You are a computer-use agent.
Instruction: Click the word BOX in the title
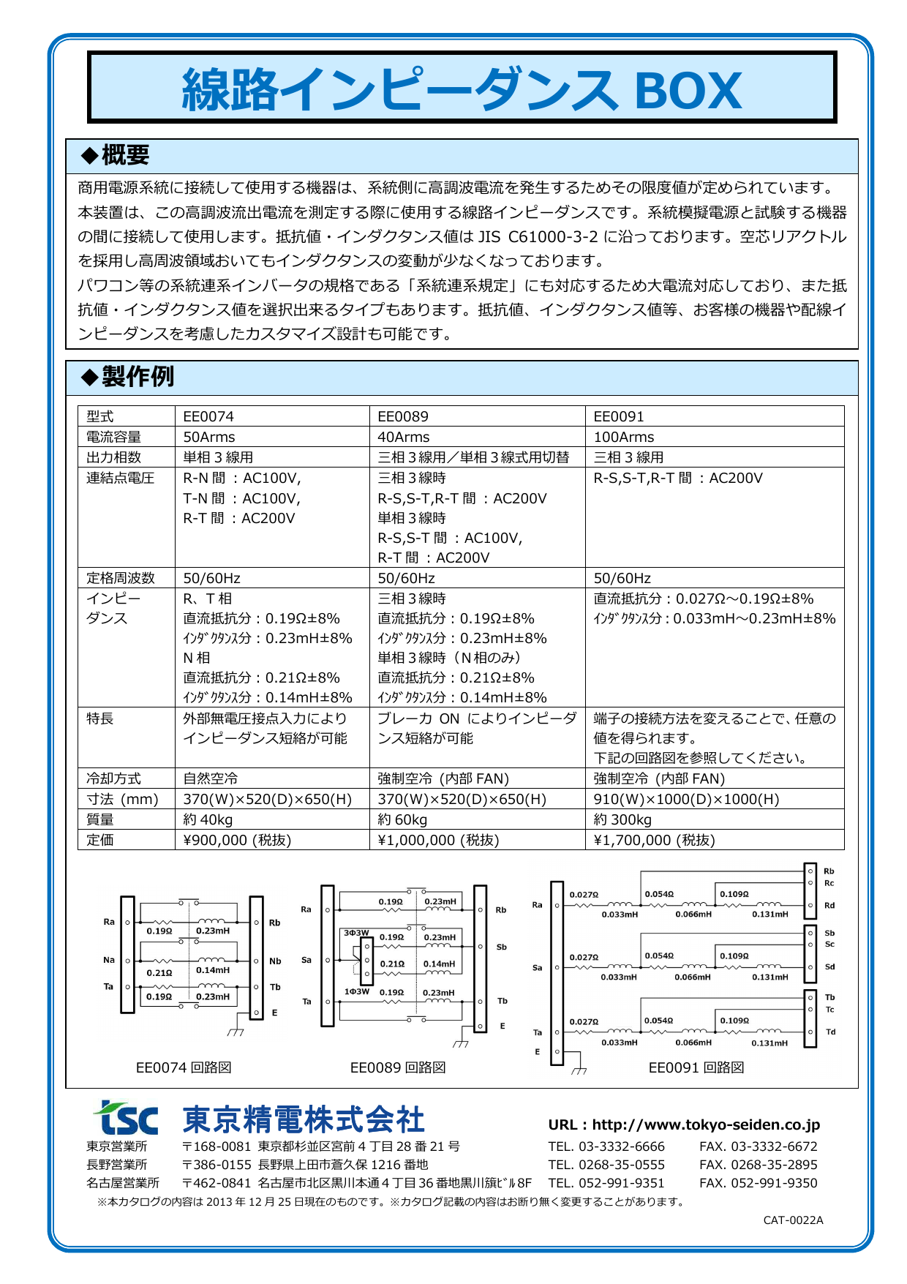tap(688, 91)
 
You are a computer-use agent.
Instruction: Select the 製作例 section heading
tap(137, 378)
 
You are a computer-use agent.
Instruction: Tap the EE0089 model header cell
tap(403, 416)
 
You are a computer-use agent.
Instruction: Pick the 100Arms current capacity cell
tap(624, 437)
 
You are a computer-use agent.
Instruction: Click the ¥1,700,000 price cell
tap(654, 840)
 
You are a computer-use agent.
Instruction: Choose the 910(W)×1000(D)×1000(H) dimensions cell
tap(686, 799)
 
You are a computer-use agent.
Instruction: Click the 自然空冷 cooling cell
tap(211, 778)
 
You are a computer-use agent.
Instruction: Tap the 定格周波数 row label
tap(121, 578)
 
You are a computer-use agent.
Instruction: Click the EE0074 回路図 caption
tap(184, 1067)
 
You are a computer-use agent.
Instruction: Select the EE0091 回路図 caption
tap(696, 1067)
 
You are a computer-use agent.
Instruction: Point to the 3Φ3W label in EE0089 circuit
tap(356, 933)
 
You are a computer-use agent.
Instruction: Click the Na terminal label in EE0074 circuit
tap(109, 960)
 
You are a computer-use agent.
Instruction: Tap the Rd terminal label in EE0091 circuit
tap(829, 906)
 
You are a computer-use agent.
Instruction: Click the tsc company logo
tap(125, 1118)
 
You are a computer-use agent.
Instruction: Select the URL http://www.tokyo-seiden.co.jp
tap(684, 1125)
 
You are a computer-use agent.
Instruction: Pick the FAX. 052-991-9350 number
tap(758, 1183)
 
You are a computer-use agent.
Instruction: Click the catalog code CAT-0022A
tap(793, 1220)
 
